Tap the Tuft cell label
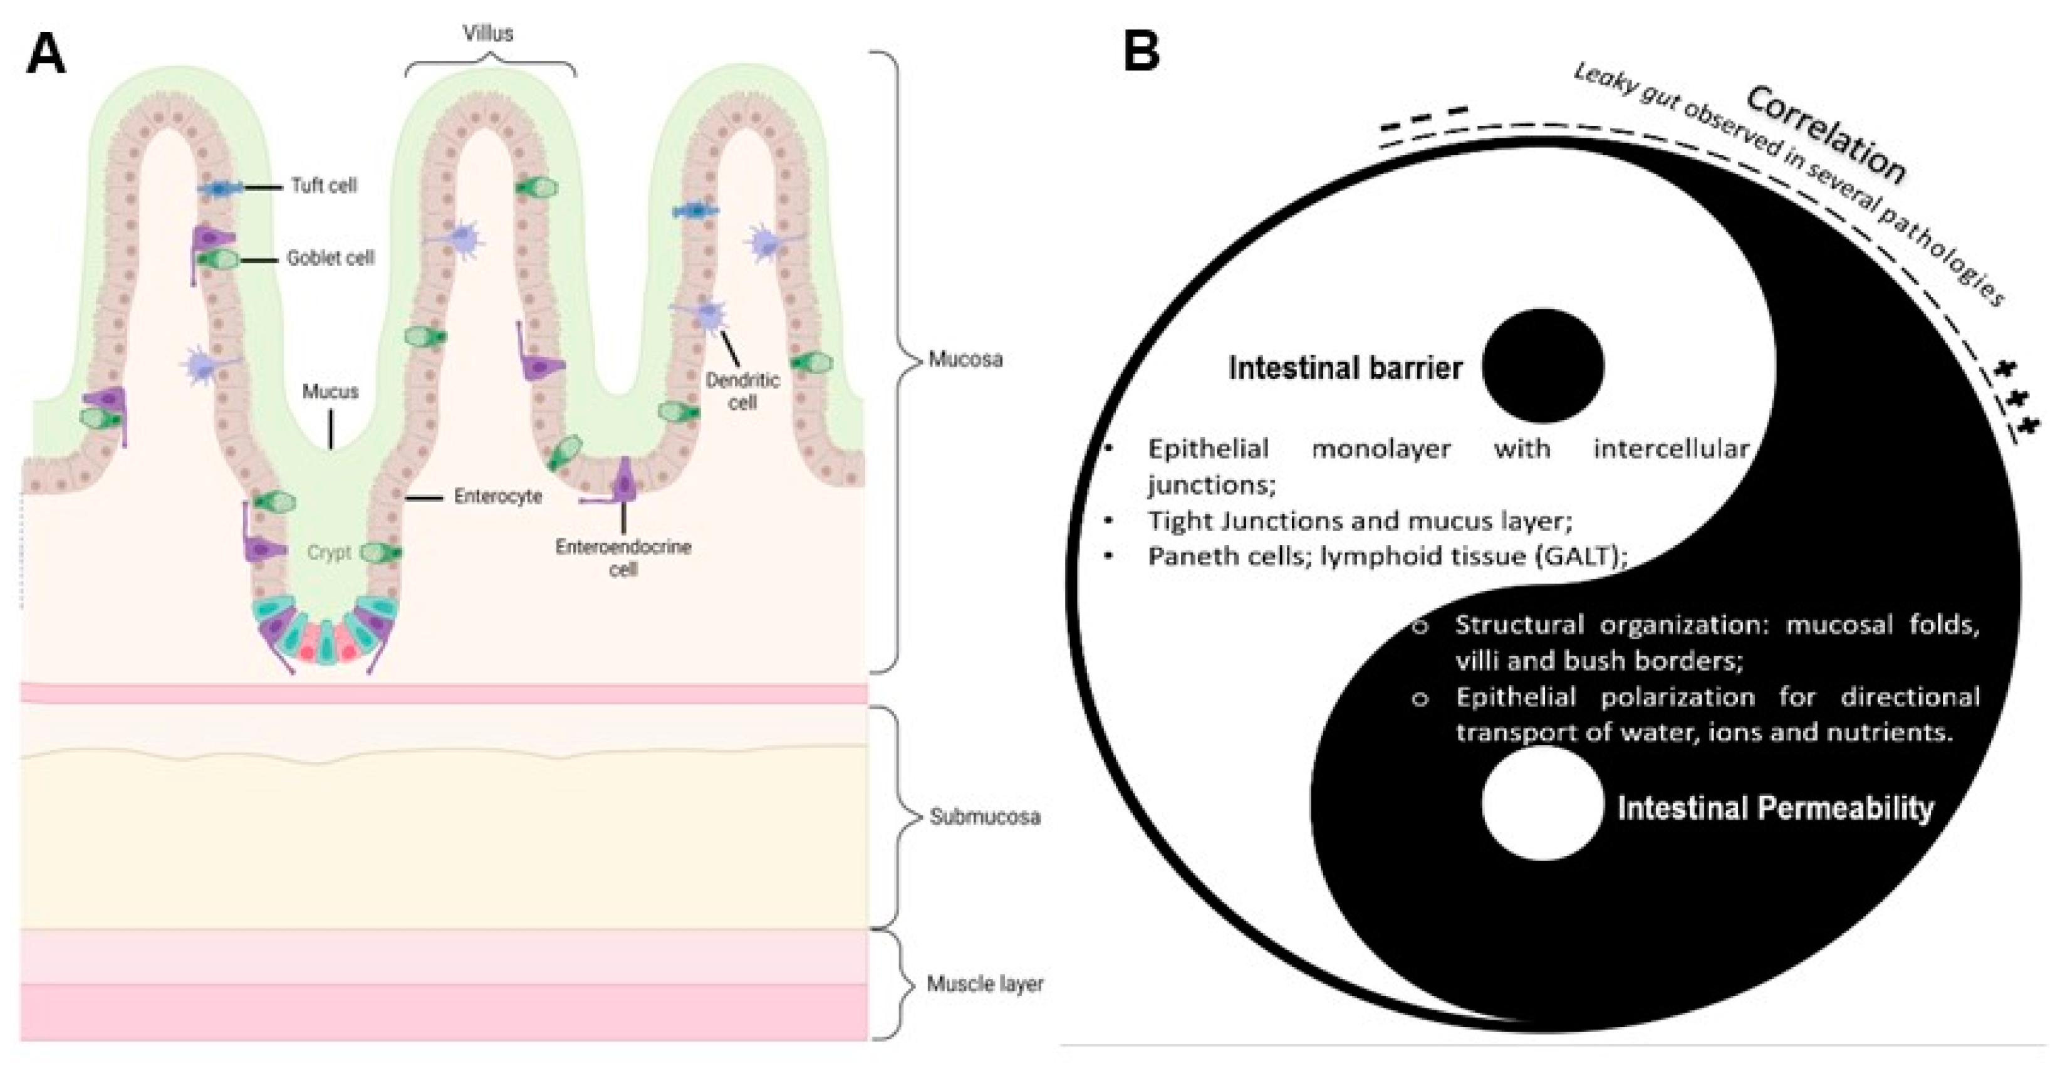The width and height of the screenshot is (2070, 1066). click(324, 186)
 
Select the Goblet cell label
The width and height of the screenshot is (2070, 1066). click(330, 258)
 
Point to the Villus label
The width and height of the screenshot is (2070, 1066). click(488, 34)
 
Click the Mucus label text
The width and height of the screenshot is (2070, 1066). click(330, 392)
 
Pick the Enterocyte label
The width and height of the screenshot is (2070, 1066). click(497, 496)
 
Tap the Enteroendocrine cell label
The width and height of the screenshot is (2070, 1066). click(623, 558)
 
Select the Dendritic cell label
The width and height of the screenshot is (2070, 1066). click(742, 390)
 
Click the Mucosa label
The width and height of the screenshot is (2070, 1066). click(965, 358)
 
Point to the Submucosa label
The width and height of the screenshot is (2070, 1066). click(984, 817)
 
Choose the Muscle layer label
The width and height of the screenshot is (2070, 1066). click(984, 983)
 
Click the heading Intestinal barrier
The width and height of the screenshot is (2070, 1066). click(1345, 368)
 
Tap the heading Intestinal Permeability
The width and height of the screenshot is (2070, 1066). click(1775, 808)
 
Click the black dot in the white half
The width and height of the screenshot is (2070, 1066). click(1543, 366)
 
